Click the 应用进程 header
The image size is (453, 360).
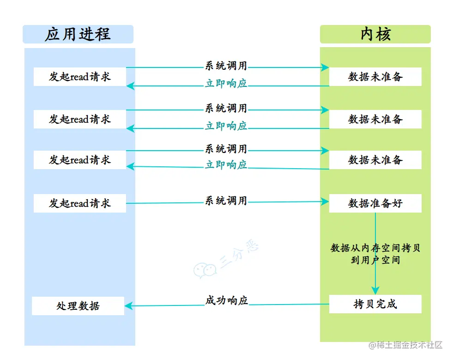[78, 35]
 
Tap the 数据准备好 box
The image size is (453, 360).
[375, 203]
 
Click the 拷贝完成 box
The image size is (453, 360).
[375, 304]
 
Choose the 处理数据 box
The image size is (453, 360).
[78, 306]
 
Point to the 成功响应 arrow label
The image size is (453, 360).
[226, 300]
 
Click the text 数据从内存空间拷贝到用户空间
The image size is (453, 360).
[375, 254]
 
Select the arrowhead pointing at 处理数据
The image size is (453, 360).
[129, 305]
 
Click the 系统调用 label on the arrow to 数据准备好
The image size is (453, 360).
[226, 201]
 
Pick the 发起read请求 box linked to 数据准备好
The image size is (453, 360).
[79, 203]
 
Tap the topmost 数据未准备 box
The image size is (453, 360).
[375, 77]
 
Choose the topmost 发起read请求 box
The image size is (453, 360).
[79, 77]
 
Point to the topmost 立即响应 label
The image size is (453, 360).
[226, 84]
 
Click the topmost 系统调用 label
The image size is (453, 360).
[226, 66]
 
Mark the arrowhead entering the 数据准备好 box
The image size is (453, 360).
[326, 201]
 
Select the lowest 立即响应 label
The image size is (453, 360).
[226, 165]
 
